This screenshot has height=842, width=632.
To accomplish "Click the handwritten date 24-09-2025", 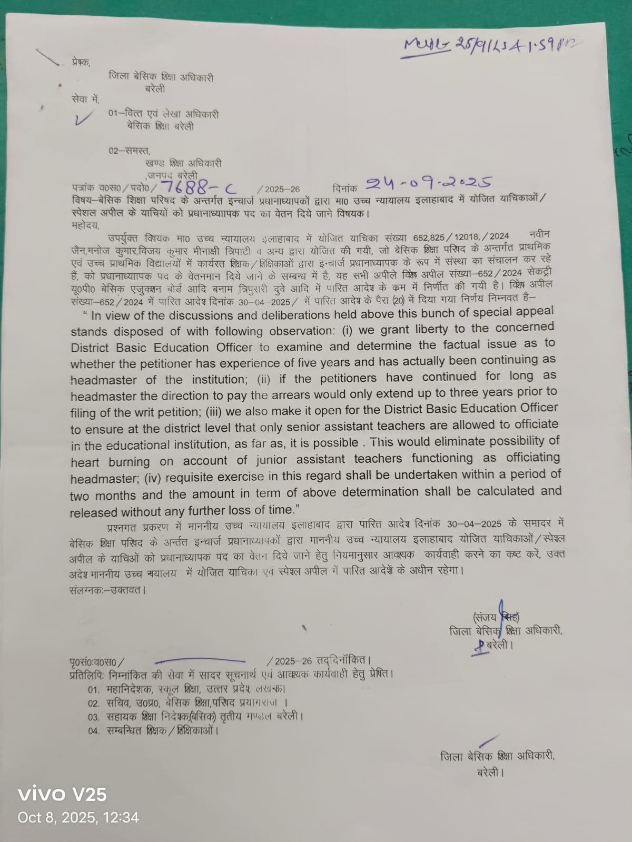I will pyautogui.click(x=429, y=184).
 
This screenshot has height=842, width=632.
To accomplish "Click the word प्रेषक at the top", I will pyautogui.click(x=81, y=62).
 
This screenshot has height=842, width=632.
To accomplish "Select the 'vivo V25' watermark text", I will pyautogui.click(x=62, y=794).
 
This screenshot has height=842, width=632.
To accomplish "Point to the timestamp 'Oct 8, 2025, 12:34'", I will pyautogui.click(x=78, y=817).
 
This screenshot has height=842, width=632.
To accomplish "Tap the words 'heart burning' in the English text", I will pyautogui.click(x=110, y=462).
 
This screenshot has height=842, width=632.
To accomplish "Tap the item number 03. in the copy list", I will pyautogui.click(x=94, y=717).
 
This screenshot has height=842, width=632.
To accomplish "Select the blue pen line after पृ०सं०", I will pyautogui.click(x=200, y=660).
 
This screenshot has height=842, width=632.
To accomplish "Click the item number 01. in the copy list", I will pyautogui.click(x=94, y=689).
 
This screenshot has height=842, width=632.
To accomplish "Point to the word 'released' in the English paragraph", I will pyautogui.click(x=93, y=512).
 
